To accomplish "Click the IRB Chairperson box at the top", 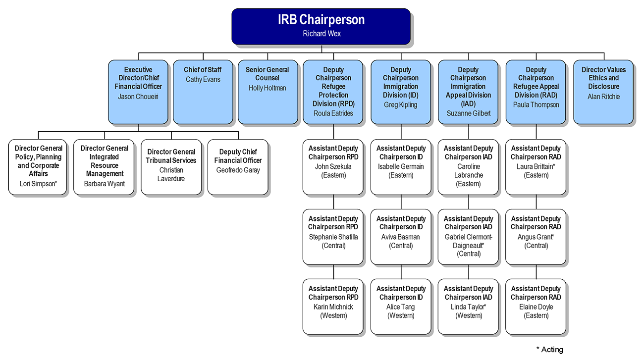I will tap(321, 26).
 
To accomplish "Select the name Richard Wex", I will tap(322, 34).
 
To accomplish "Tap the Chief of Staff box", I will tap(203, 92).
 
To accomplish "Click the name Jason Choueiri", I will tap(138, 97).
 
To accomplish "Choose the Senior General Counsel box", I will tap(268, 92).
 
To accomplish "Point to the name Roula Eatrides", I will tap(333, 113).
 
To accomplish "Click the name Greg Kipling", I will tap(400, 105).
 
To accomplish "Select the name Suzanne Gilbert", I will tap(468, 113).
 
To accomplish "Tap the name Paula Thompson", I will tap(536, 105).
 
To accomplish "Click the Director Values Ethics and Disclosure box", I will tap(603, 92).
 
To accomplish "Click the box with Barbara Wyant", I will tap(105, 167).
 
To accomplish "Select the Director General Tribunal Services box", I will tap(171, 167).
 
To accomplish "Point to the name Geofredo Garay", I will tap(238, 170).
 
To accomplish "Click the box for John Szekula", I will tap(333, 167).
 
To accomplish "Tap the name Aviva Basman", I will tap(400, 237).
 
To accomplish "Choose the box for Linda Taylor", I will tap(468, 307).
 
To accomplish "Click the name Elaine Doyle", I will tap(536, 307).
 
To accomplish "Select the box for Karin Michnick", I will tap(333, 307).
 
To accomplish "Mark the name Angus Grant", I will tap(536, 237).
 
